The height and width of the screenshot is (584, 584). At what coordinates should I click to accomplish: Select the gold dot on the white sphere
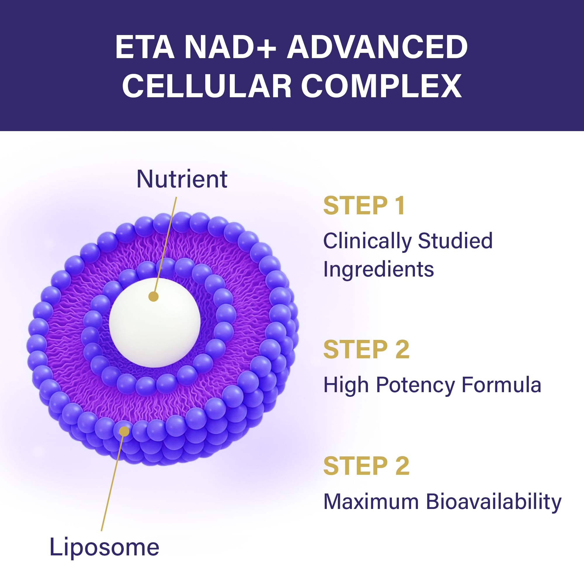[x=154, y=297]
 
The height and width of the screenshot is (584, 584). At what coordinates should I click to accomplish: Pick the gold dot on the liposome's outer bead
[x=124, y=431]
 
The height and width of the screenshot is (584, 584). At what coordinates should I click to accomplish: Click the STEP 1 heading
[x=364, y=206]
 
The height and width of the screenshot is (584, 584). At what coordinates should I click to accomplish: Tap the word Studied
[x=455, y=241]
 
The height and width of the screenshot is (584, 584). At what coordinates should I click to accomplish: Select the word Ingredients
[x=378, y=269]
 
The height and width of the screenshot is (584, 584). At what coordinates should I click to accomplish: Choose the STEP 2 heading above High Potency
[x=366, y=350]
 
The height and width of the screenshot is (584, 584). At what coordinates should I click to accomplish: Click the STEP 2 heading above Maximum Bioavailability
[x=366, y=466]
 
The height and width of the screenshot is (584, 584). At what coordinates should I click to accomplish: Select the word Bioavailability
[x=493, y=502]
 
